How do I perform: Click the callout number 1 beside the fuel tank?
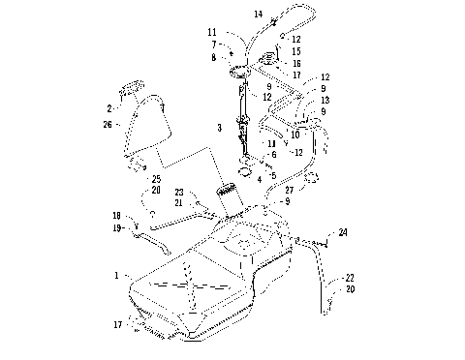click(117, 275)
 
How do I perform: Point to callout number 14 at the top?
click(259, 15)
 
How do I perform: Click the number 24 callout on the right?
click(342, 232)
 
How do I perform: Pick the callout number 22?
click(349, 277)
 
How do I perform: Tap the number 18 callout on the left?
click(116, 215)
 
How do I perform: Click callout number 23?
click(178, 192)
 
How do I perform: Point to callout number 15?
click(295, 50)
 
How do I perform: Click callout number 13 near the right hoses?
click(324, 101)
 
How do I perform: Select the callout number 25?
click(155, 178)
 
